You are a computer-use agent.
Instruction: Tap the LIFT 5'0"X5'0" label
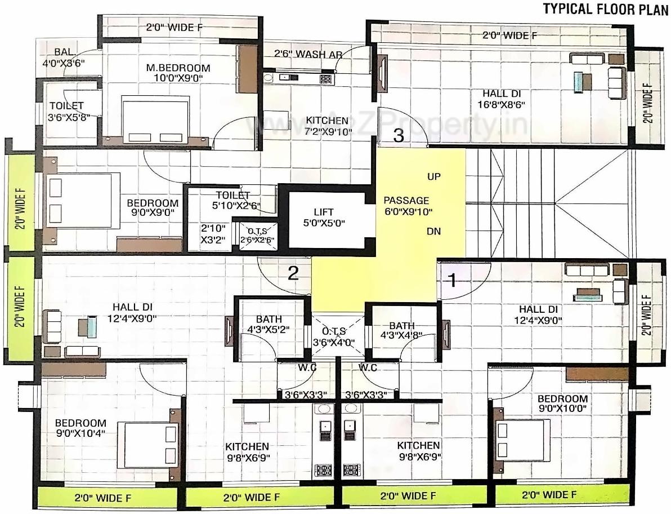[324, 217]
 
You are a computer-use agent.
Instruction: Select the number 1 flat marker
[451, 278]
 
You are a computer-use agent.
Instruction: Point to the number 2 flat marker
[293, 273]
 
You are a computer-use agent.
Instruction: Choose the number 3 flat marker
[398, 135]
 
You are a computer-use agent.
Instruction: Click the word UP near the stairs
[434, 176]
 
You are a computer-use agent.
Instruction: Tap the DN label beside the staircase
[433, 231]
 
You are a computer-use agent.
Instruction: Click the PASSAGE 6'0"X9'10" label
[406, 206]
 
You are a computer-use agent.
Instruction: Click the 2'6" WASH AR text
[304, 54]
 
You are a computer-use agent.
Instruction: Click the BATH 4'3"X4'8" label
[401, 331]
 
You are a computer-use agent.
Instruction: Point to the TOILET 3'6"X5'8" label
[66, 111]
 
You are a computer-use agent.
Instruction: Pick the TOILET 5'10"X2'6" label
[236, 201]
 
